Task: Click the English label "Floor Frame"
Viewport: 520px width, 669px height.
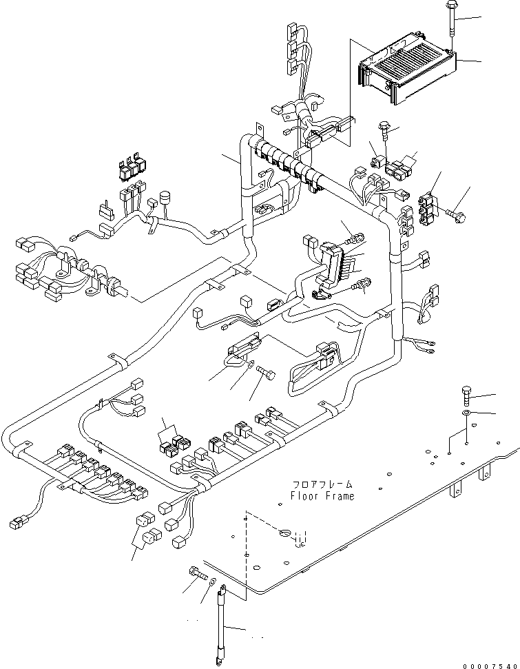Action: click(322, 496)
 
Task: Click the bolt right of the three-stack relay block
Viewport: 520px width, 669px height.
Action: click(455, 217)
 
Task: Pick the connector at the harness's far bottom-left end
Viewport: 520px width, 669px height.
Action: click(19, 522)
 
